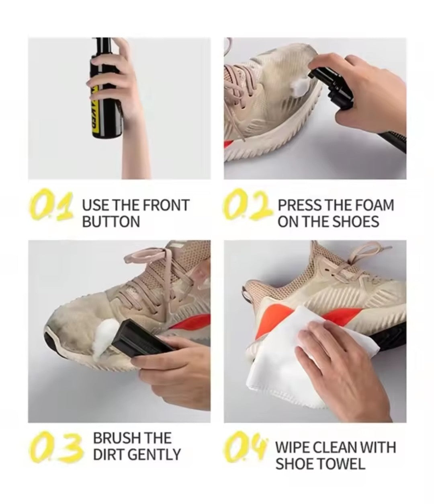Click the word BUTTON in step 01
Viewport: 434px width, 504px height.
pyautogui.click(x=111, y=221)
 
